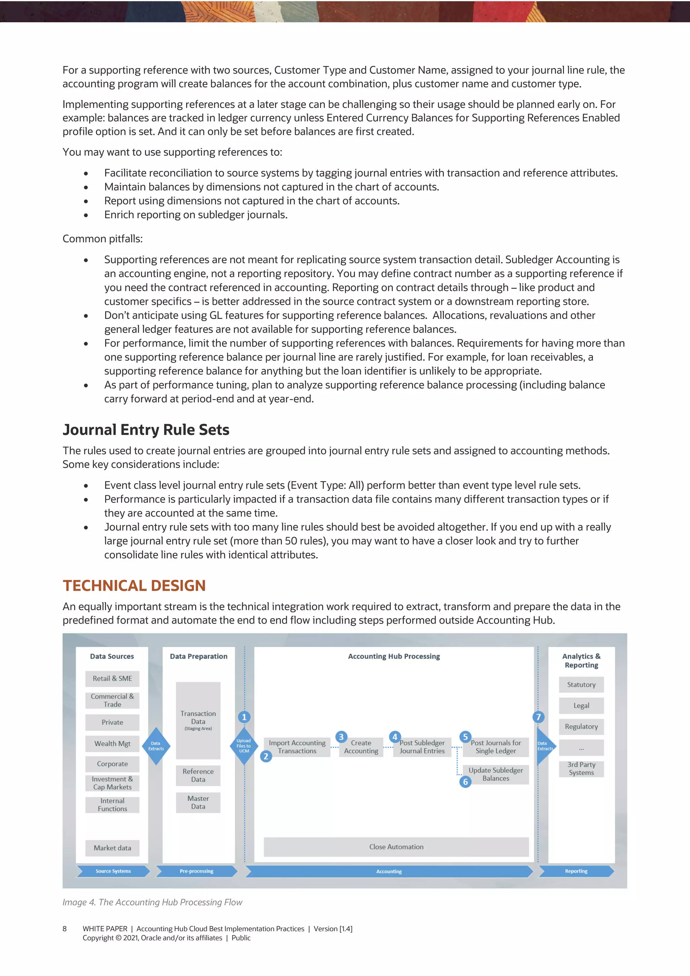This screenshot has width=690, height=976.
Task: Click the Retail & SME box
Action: [112, 678]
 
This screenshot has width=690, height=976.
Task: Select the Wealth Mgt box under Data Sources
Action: [112, 743]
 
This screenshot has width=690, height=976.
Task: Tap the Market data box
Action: [112, 848]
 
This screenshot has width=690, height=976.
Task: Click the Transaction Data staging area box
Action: [198, 720]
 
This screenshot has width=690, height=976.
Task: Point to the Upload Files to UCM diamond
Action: [244, 746]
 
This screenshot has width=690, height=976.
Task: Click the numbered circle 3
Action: [341, 737]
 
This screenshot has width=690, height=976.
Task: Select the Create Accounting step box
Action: [361, 747]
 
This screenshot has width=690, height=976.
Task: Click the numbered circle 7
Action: [538, 717]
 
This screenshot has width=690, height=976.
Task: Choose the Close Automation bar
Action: [396, 847]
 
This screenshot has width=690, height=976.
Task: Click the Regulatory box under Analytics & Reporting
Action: [581, 727]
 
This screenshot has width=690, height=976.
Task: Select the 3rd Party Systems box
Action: [581, 769]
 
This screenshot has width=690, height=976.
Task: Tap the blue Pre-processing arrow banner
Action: [196, 871]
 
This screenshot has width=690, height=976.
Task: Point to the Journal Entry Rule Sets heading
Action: [146, 430]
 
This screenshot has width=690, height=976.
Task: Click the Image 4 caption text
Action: [152, 902]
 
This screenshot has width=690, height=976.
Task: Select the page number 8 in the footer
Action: [65, 929]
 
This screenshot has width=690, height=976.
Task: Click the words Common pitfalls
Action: [102, 239]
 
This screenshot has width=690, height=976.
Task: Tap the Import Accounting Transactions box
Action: [297, 747]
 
